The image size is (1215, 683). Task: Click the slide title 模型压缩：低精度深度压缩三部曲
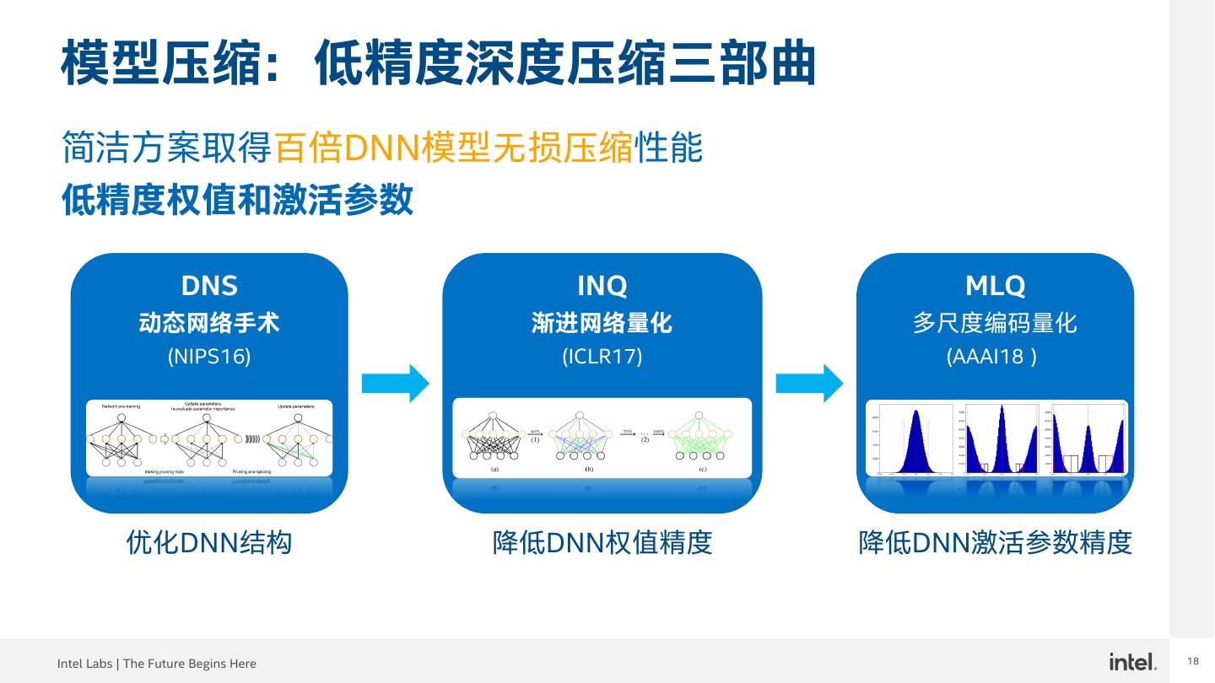click(439, 62)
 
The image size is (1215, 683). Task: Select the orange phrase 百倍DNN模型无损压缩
click(453, 148)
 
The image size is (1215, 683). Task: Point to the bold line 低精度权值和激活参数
click(237, 200)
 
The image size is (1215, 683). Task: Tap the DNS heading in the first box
click(209, 286)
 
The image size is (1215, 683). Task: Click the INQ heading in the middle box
click(602, 286)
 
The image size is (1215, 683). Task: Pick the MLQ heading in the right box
click(995, 286)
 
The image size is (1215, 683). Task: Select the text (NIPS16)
click(209, 357)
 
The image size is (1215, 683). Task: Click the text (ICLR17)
click(602, 357)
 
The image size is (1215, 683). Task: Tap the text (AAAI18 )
click(991, 357)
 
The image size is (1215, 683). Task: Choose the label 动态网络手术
click(209, 322)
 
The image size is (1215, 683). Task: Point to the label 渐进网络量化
click(602, 322)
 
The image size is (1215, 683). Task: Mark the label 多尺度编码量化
click(995, 322)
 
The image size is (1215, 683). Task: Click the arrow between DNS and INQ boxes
click(395, 384)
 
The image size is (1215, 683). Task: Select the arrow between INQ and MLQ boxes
click(809, 384)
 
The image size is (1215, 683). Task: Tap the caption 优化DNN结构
click(209, 542)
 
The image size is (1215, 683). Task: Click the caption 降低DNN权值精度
click(602, 542)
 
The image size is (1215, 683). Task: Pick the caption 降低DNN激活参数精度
click(995, 542)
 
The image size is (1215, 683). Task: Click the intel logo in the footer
click(1132, 662)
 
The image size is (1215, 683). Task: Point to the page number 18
click(1193, 661)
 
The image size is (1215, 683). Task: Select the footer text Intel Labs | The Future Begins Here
click(157, 664)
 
